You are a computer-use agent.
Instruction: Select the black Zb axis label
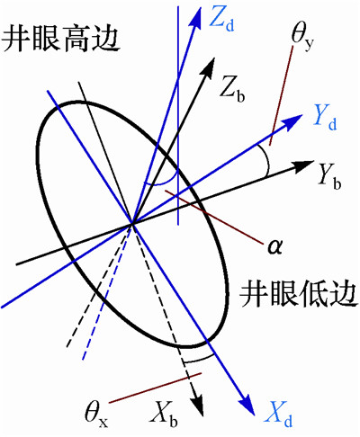click(232, 89)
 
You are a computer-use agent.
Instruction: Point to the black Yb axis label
click(330, 177)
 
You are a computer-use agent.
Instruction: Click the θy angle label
click(302, 39)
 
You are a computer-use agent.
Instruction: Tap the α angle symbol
click(274, 246)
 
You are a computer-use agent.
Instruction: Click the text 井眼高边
click(60, 39)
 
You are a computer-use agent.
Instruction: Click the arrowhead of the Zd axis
click(196, 17)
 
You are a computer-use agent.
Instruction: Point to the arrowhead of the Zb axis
click(209, 67)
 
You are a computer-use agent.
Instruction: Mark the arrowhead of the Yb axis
click(303, 166)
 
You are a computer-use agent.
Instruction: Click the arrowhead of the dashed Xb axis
click(198, 406)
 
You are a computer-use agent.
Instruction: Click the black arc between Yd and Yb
click(266, 160)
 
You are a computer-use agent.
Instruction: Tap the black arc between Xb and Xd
click(199, 359)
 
